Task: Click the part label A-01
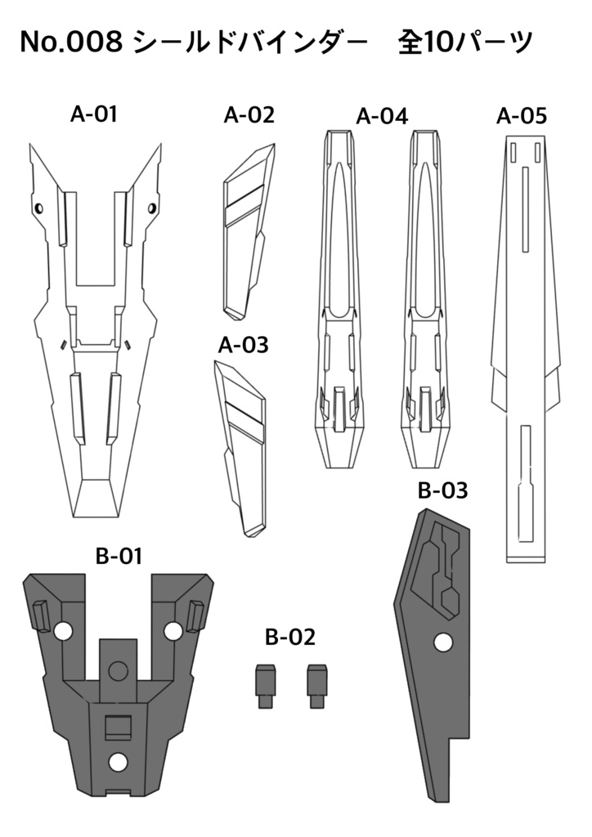click(94, 114)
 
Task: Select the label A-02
click(249, 115)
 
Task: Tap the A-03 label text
click(243, 345)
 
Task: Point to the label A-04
click(382, 116)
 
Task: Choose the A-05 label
click(522, 115)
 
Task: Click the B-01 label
click(119, 557)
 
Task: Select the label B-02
click(289, 637)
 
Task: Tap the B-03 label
click(442, 490)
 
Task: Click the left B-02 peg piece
click(265, 686)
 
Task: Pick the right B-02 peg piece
click(316, 686)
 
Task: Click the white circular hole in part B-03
click(443, 642)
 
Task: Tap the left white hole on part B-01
click(61, 631)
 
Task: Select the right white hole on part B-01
click(173, 631)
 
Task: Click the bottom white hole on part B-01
click(119, 762)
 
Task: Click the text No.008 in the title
click(71, 43)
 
